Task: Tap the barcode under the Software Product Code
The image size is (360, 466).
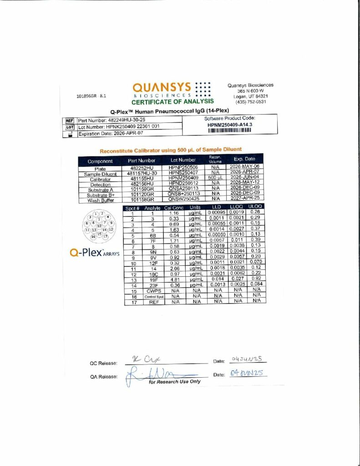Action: point(230,130)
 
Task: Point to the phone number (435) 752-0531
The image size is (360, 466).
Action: point(250,101)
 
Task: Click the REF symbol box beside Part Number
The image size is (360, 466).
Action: point(70,121)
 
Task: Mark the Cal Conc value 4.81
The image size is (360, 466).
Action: point(170,279)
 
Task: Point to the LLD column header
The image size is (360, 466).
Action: point(217,207)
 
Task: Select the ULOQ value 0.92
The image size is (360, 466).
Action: point(256,279)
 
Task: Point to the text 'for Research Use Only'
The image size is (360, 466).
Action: point(175,382)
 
